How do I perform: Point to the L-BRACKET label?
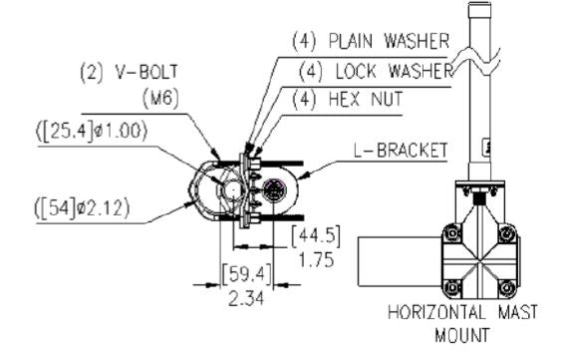(401, 151)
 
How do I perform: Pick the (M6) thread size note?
(160, 99)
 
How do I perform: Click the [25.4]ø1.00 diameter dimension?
(92, 131)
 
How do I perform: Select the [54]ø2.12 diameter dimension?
(82, 208)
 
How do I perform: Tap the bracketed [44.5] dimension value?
(316, 236)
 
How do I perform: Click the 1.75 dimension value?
(316, 260)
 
